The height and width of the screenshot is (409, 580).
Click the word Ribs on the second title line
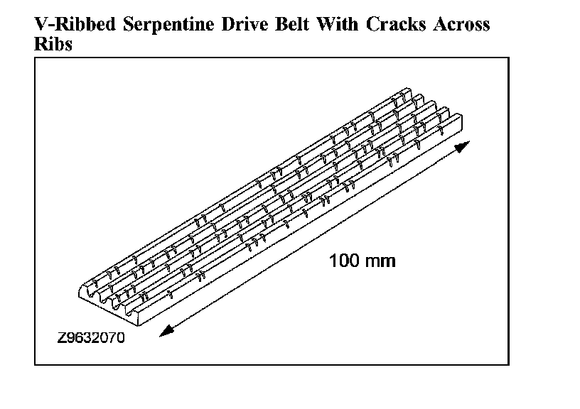[54, 43]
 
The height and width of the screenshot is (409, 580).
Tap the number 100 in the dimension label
[344, 261]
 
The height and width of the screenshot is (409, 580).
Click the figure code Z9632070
[91, 338]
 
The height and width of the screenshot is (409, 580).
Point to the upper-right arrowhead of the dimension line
[463, 147]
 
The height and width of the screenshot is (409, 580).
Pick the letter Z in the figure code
[62, 338]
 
